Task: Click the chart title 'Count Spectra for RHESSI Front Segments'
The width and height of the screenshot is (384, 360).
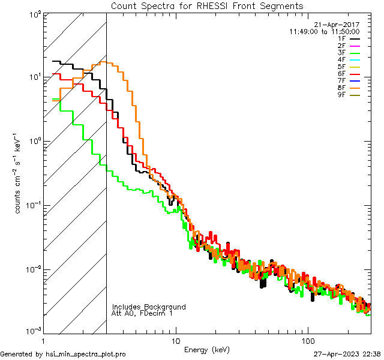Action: pos(207,5)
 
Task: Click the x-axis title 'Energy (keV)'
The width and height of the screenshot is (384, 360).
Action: pos(207,350)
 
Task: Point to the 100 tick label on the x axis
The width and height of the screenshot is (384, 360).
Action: pos(307,341)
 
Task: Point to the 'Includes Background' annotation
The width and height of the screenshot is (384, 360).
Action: pos(149,307)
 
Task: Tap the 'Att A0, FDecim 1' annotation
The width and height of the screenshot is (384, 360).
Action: pos(142,314)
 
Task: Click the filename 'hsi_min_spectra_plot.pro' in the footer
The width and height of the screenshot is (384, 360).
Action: pos(86,354)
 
